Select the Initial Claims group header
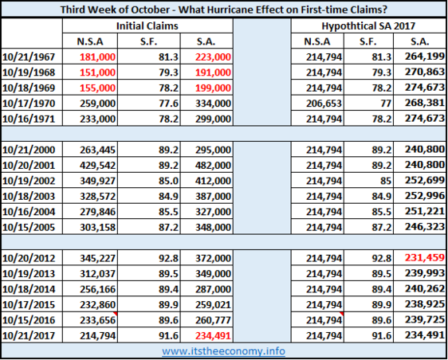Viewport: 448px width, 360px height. [147, 26]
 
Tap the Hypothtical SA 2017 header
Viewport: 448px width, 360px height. [368, 26]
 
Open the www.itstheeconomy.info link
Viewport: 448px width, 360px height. [223, 351]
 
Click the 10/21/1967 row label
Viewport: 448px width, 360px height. [29, 57]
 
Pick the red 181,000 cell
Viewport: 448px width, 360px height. [98, 57]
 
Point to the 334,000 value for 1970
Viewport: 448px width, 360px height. [213, 103]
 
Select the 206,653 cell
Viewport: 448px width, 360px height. [324, 103]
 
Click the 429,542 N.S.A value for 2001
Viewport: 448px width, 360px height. [98, 166]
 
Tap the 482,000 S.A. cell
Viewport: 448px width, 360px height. [213, 166]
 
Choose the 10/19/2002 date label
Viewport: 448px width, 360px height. [29, 181]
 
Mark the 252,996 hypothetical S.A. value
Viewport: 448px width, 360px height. [425, 196]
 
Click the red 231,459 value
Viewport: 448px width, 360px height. [425, 257]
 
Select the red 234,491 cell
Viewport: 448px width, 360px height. [213, 335]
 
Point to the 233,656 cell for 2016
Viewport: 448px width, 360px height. [98, 320]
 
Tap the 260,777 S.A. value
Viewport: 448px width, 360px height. [213, 320]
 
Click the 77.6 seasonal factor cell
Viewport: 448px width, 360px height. [168, 103]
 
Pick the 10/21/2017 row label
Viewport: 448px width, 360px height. [29, 335]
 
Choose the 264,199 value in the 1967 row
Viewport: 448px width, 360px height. [425, 57]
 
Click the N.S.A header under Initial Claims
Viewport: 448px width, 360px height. [90, 41]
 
